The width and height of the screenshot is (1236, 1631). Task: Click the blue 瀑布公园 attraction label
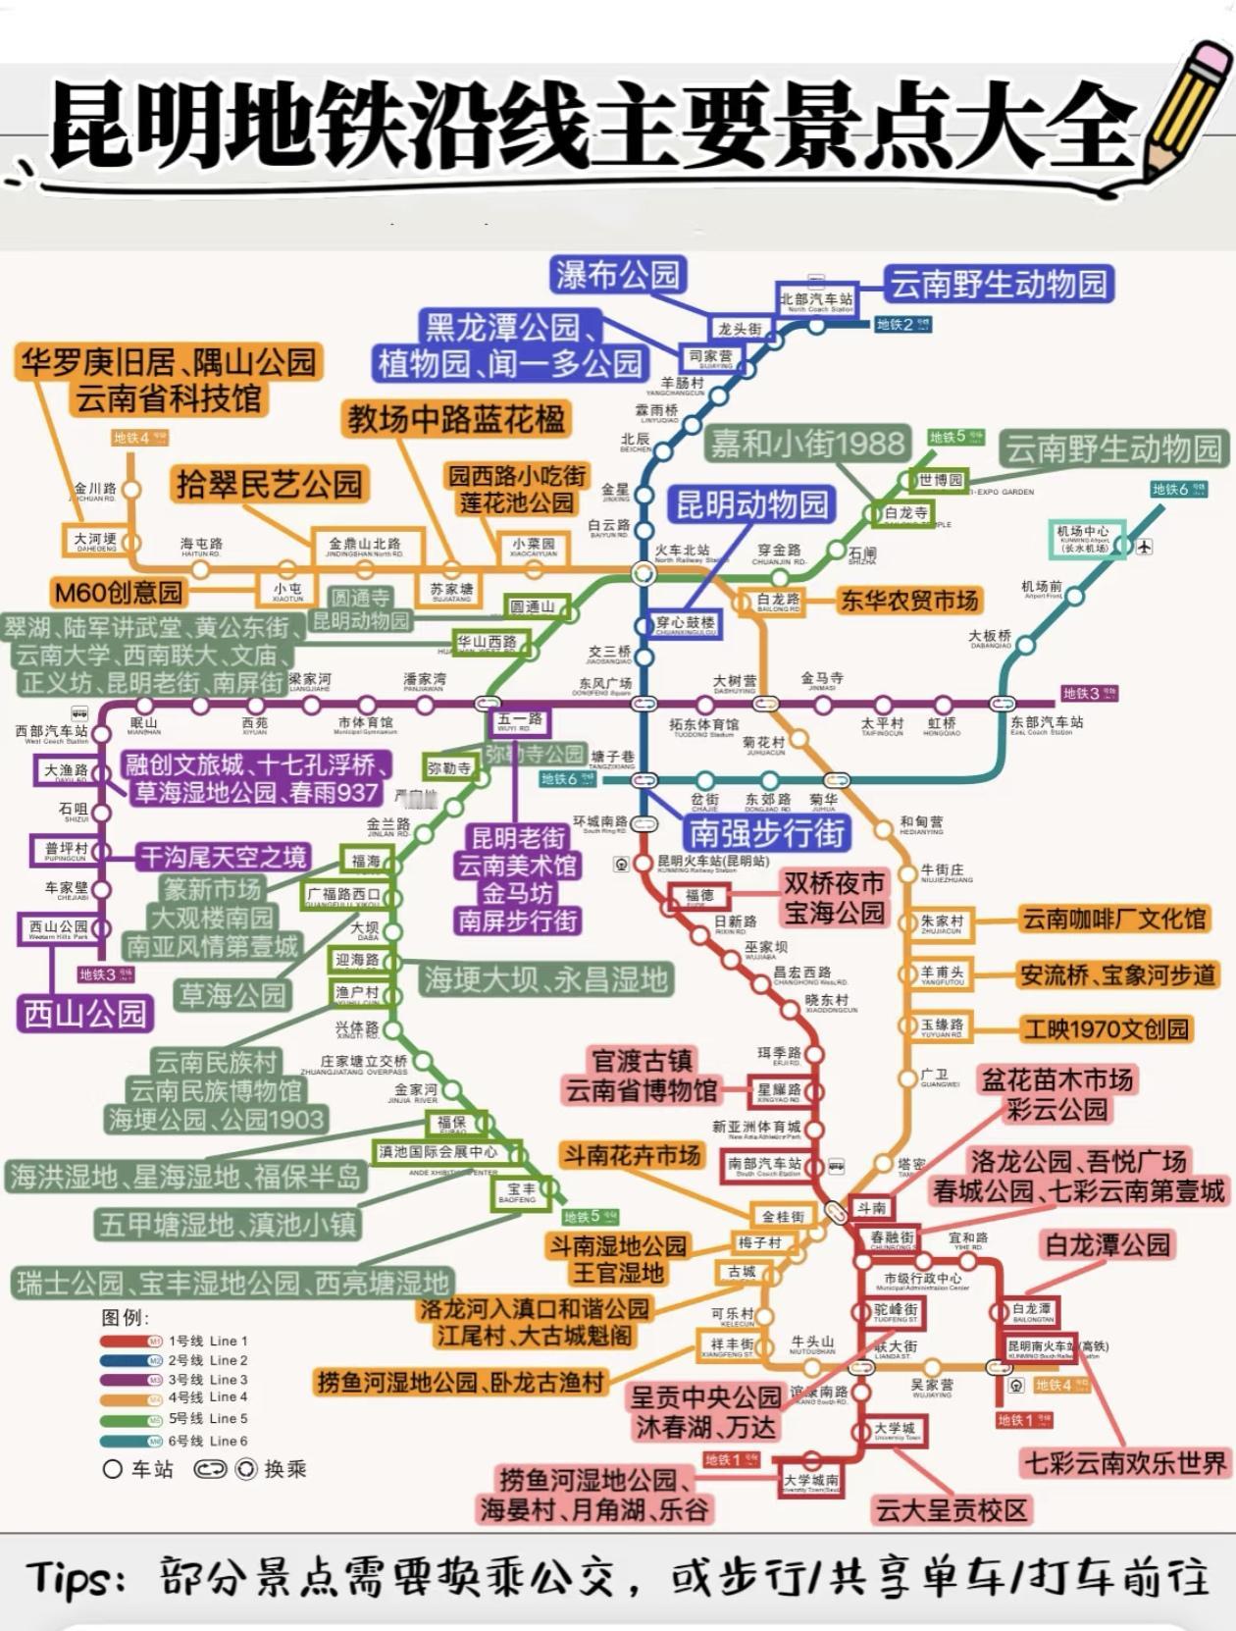[x=618, y=275]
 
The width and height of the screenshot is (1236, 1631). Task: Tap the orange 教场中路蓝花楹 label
[x=456, y=419]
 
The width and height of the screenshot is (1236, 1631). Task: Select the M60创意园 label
[x=119, y=592]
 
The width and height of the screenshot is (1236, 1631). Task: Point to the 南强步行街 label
[x=767, y=832]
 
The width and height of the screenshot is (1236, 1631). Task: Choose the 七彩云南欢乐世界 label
[x=1126, y=1463]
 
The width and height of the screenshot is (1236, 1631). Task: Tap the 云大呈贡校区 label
[x=951, y=1509]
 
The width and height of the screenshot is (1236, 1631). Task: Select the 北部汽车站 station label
[x=816, y=298]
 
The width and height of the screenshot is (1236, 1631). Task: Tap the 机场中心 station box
[x=1083, y=538]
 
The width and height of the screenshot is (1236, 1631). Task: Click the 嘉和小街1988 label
[x=807, y=444]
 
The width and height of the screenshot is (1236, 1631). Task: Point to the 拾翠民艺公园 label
[x=269, y=484]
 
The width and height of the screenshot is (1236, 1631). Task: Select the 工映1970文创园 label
[x=1106, y=1028]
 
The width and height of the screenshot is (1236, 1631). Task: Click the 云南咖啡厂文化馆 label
[x=1113, y=919]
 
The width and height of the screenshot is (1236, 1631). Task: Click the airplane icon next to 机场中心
[x=1145, y=547]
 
